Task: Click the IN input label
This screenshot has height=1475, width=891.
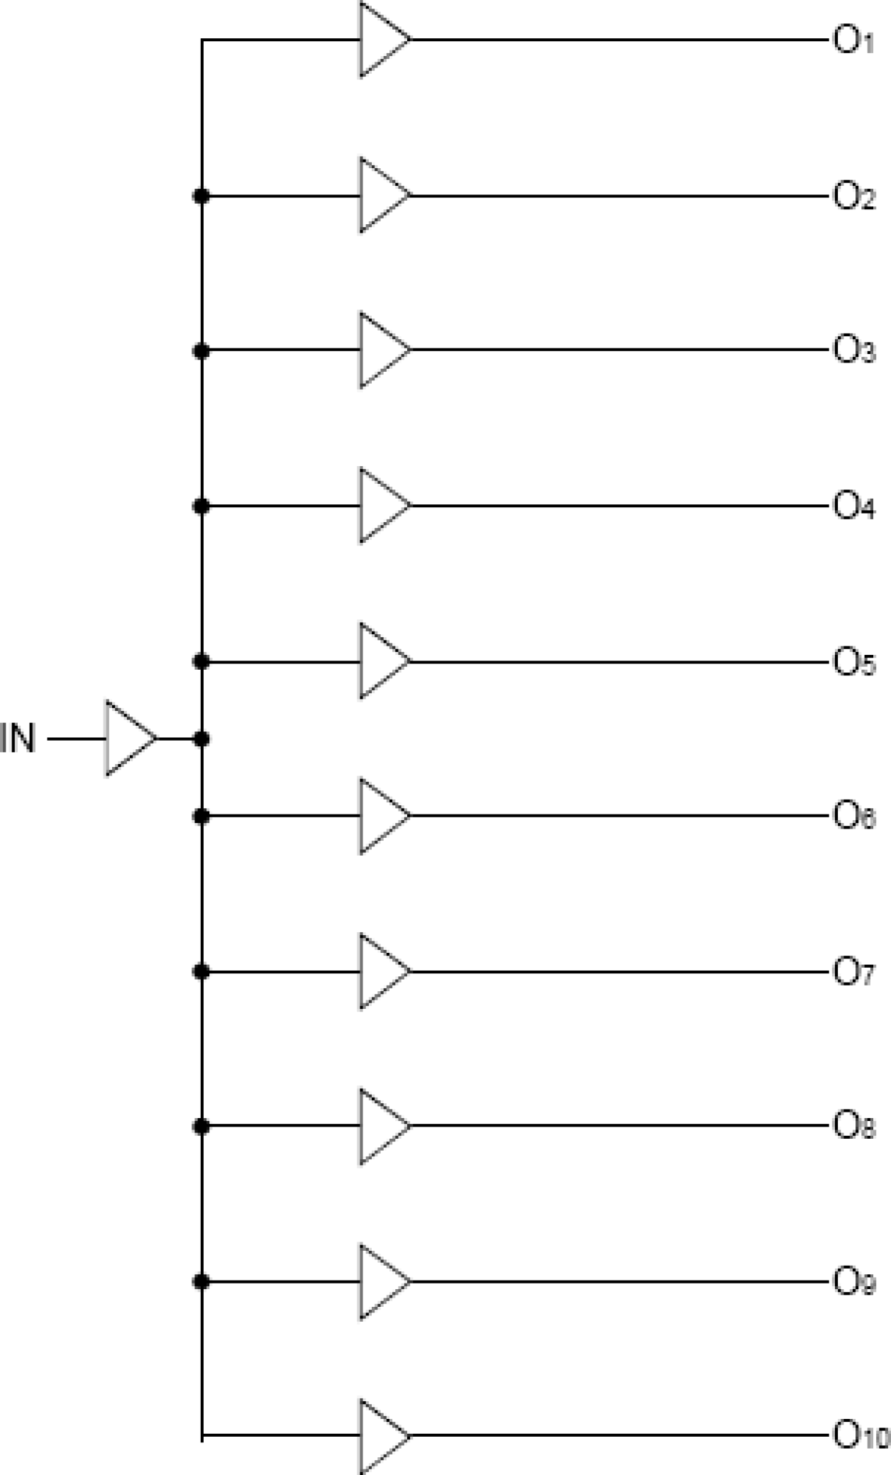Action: click(x=18, y=739)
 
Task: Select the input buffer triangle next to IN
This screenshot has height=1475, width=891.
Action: click(x=128, y=739)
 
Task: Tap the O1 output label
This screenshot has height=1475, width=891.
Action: click(x=853, y=41)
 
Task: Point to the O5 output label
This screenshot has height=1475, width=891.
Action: click(x=853, y=663)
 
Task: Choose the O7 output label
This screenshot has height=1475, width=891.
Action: click(x=853, y=972)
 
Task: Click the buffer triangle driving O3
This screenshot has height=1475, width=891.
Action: click(x=380, y=350)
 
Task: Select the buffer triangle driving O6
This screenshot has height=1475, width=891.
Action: click(x=380, y=817)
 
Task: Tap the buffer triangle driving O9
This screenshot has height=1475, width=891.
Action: click(x=380, y=1282)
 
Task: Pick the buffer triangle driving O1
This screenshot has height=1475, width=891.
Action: click(x=380, y=40)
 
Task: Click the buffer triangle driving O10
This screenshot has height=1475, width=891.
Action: click(x=380, y=1437)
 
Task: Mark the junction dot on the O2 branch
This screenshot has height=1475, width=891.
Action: click(x=201, y=196)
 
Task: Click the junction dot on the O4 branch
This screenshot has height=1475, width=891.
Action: click(x=201, y=506)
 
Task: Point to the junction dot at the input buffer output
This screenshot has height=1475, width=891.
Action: click(x=201, y=739)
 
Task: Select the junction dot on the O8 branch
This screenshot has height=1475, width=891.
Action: click(x=201, y=1127)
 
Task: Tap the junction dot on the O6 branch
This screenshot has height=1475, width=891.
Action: click(x=201, y=817)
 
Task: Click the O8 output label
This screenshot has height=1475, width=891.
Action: click(x=853, y=1127)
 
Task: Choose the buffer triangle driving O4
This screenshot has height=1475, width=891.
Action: click(x=380, y=506)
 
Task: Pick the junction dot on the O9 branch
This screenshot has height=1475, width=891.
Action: click(x=201, y=1282)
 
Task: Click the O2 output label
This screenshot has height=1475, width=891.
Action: click(x=853, y=197)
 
